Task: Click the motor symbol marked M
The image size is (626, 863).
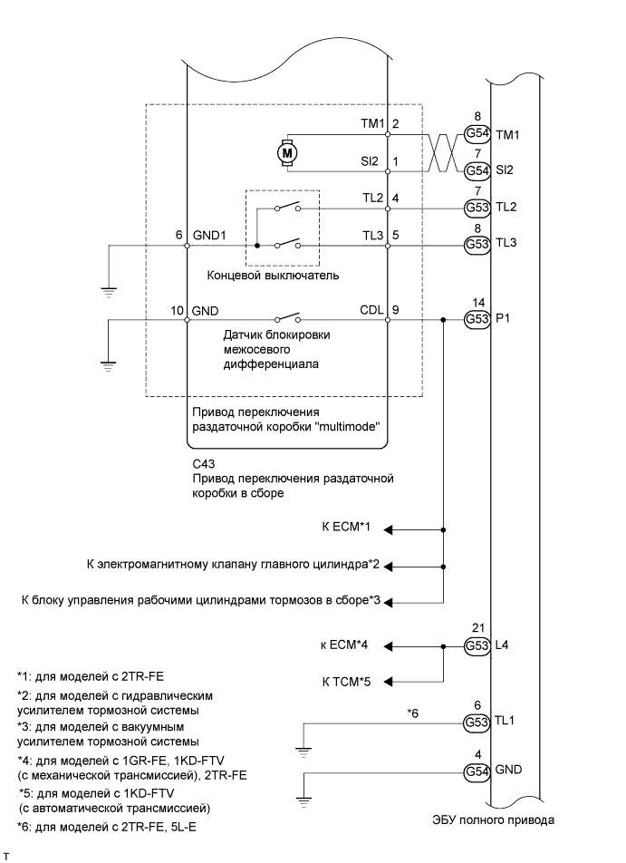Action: click(288, 153)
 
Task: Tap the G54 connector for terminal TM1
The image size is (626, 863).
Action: click(477, 134)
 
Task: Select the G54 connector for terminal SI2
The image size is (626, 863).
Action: click(477, 170)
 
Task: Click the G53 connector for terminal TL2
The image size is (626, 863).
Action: click(477, 207)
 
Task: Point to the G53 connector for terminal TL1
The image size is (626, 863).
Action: click(477, 722)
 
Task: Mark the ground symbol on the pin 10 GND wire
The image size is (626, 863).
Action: click(108, 365)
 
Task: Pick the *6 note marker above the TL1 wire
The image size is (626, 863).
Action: click(412, 713)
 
